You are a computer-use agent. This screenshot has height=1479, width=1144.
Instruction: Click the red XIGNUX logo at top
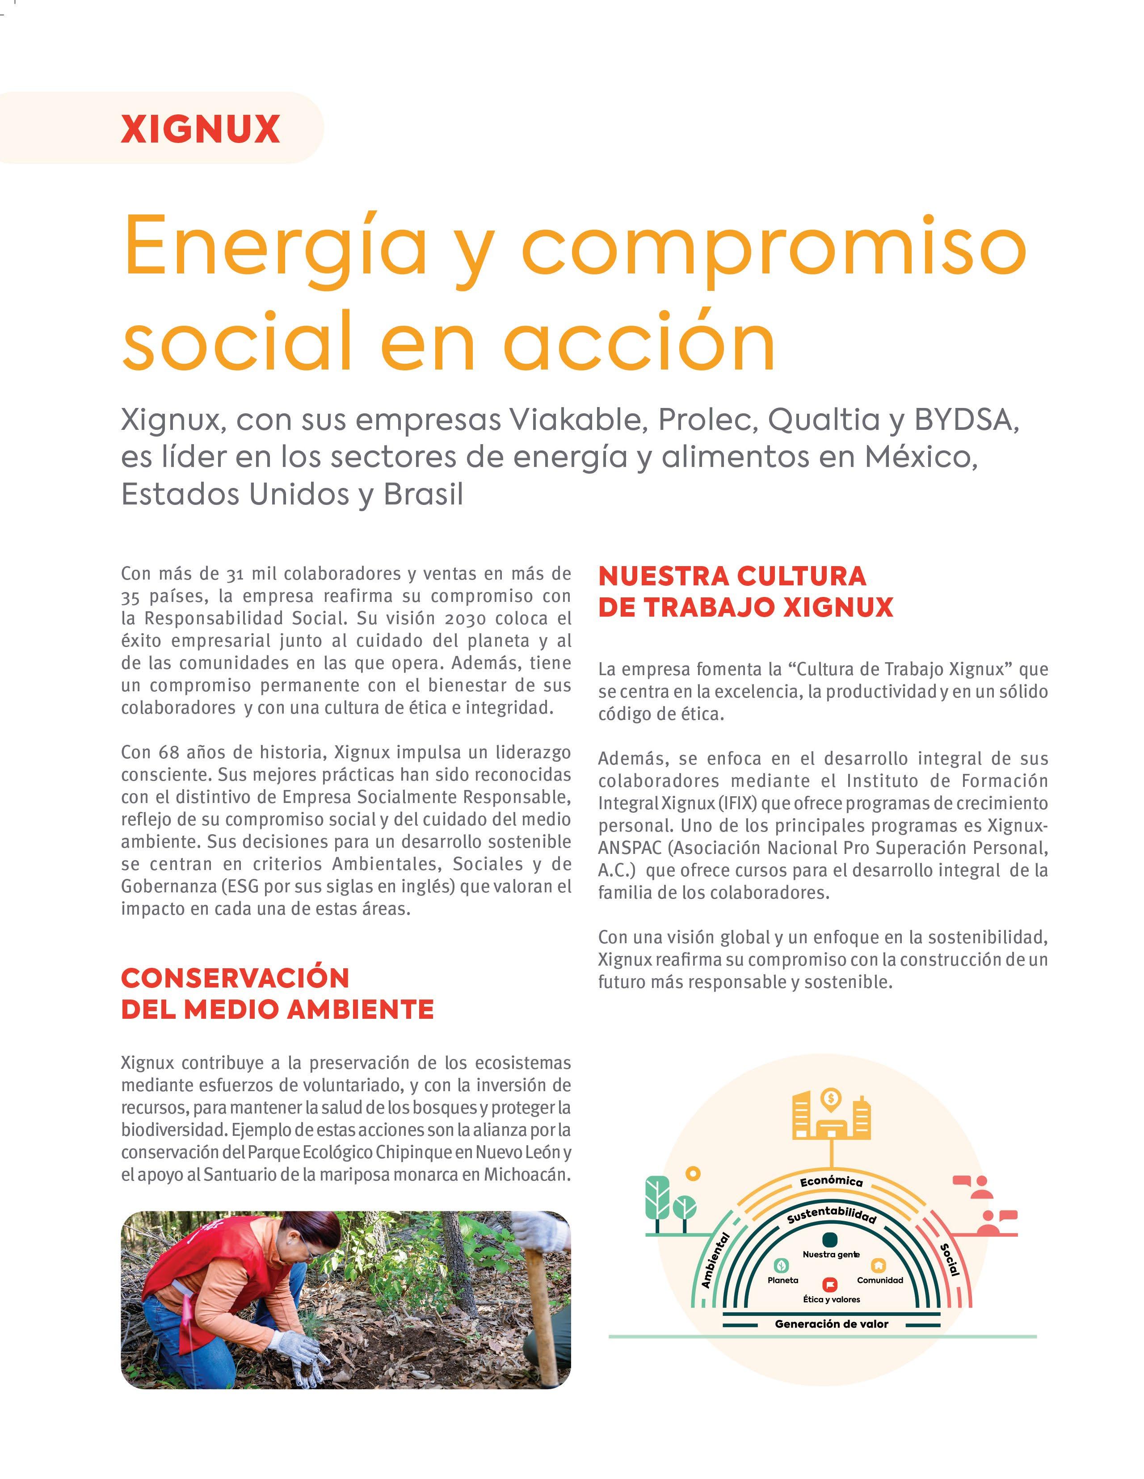(201, 129)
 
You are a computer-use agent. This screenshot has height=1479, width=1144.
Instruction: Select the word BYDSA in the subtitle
(967, 420)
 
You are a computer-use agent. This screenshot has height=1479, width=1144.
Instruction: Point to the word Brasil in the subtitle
(423, 495)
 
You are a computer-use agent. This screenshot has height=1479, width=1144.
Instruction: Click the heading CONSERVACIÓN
(235, 978)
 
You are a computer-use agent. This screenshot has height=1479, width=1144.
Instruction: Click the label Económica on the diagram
(831, 1181)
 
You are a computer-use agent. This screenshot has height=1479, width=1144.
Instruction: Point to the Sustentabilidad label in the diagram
(831, 1215)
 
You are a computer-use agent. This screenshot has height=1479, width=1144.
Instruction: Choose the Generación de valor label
(831, 1324)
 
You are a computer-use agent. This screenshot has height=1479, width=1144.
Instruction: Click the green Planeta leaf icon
(782, 1265)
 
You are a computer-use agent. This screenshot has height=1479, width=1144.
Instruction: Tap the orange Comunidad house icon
(879, 1265)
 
